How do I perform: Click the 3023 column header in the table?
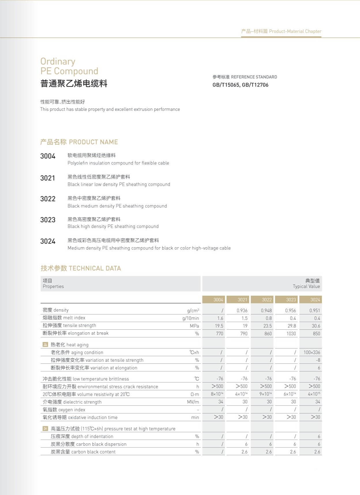pos(291,300)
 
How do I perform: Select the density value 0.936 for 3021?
pos(242,310)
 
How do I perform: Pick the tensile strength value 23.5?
pos(267,326)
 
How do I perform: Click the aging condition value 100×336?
pos(312,352)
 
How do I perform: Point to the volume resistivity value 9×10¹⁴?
pos(265,394)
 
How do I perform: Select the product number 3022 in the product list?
pos(48,199)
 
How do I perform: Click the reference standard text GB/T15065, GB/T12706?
pos(240,85)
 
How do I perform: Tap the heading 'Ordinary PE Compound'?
pos(69,66)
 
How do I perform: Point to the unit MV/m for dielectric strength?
pos(193,402)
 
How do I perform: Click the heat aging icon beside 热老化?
pos(45,344)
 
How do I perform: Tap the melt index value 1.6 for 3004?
pos(220,318)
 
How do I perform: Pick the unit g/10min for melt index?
pos(190,318)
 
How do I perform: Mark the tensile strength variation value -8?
pos(318,360)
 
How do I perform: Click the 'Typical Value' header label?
pos(306,286)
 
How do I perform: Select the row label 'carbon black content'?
pos(83,452)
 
